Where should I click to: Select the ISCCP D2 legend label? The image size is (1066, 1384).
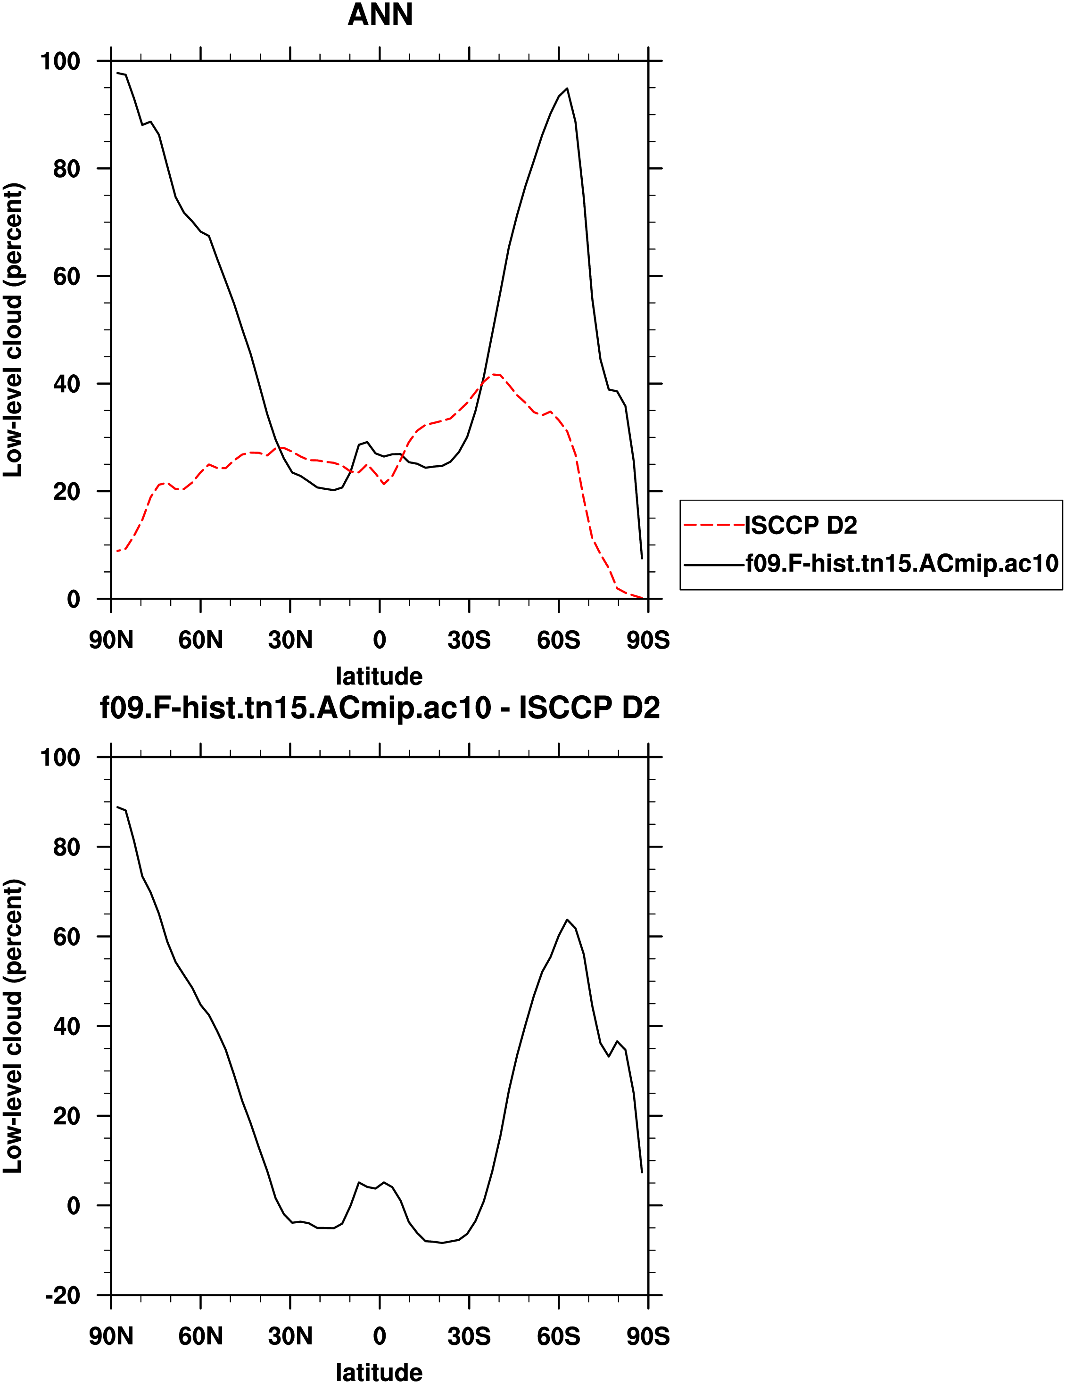(x=801, y=525)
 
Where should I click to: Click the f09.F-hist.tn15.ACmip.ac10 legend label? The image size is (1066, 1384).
(x=902, y=563)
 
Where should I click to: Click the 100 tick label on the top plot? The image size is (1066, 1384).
(x=60, y=61)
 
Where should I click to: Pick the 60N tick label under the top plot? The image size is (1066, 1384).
(x=200, y=640)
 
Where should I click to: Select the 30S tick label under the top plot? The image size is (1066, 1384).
(x=469, y=640)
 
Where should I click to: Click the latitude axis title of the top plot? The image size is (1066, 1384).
(x=379, y=676)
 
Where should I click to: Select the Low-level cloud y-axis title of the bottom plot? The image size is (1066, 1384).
(x=13, y=1025)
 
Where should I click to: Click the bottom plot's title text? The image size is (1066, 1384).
(x=380, y=708)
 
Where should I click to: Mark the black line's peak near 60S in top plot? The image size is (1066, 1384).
(x=567, y=89)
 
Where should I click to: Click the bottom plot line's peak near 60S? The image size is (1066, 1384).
(x=567, y=920)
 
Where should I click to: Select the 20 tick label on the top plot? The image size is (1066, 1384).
(x=66, y=491)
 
